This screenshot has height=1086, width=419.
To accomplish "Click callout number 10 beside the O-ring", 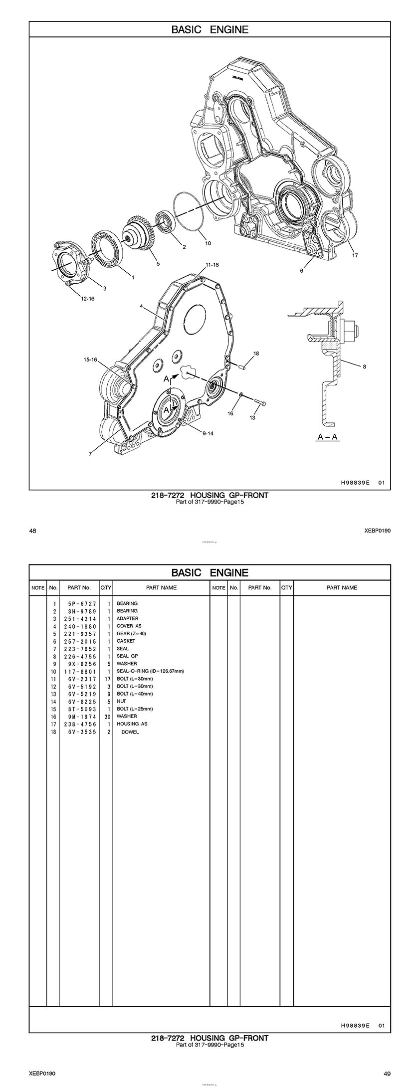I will coord(208,243).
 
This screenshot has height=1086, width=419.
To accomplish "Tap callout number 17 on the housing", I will coord(355,255).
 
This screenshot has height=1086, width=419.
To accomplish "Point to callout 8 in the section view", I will coord(364,366).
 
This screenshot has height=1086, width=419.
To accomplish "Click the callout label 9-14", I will coord(208,433).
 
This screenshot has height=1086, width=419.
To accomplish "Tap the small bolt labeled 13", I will coord(259,402).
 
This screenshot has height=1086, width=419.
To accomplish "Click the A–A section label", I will coord(328,437).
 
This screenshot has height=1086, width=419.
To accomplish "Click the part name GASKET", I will coord(126,641).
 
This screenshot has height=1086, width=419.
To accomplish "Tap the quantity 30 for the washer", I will coord(107,716).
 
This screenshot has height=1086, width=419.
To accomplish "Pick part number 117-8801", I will coord(80,671).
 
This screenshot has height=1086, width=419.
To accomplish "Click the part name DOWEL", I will coord(130,732).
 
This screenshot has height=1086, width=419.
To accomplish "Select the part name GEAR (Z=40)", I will coord(131,634).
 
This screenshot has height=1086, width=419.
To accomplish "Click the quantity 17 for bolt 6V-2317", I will coord(107,679).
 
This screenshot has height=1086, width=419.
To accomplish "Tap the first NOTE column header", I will coord(38,588).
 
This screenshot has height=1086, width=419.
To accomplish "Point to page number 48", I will coord(32,531).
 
